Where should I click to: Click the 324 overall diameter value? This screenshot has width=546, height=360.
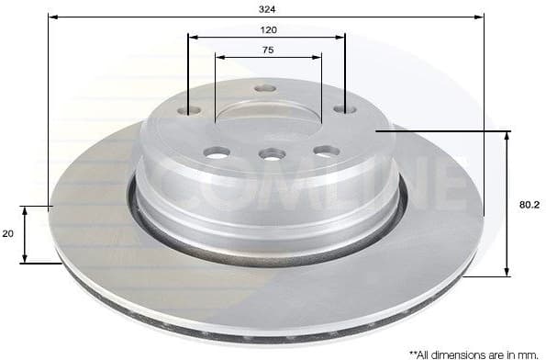267,8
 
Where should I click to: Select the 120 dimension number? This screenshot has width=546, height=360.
268,29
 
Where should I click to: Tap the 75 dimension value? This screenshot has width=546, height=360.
268,50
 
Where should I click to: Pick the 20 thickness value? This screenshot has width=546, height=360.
8,234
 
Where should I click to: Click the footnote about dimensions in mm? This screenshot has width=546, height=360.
473,352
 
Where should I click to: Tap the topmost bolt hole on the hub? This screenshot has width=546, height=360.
265,89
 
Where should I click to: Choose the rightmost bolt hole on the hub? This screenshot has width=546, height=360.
345,109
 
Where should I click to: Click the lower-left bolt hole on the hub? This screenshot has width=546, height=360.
217,152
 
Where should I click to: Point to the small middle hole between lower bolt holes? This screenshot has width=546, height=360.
271,153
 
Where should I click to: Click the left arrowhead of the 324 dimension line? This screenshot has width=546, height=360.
51,17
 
